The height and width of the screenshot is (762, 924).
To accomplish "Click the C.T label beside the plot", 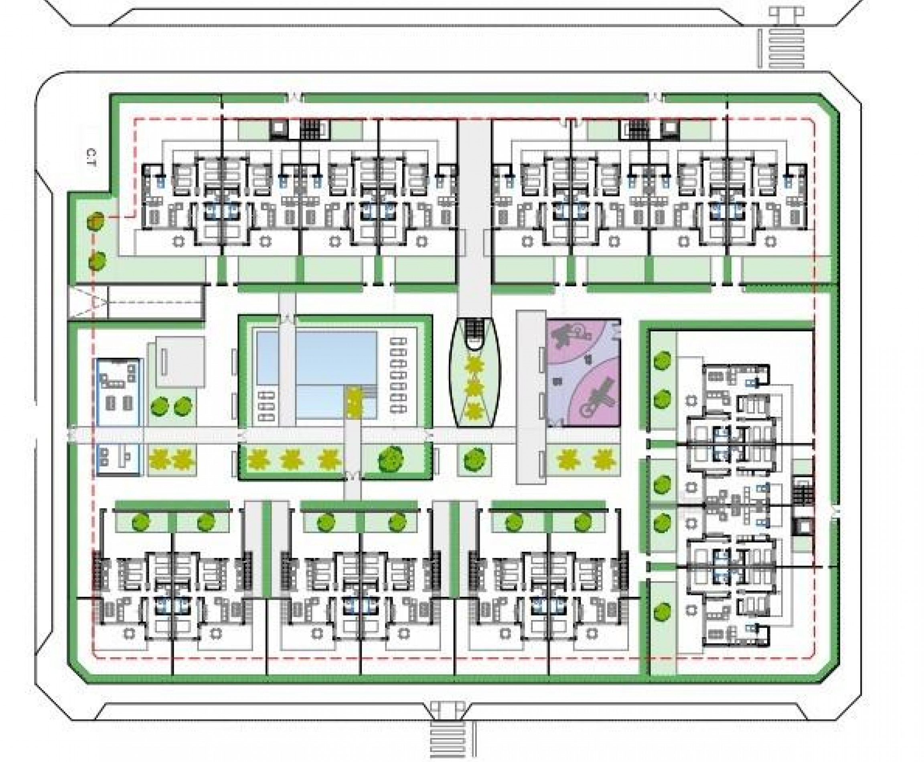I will (x=91, y=160).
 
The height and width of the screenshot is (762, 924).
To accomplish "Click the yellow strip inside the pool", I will (x=352, y=403).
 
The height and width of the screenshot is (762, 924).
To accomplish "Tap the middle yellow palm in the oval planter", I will (x=474, y=388).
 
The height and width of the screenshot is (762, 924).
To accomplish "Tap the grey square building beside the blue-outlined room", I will (x=180, y=362).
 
